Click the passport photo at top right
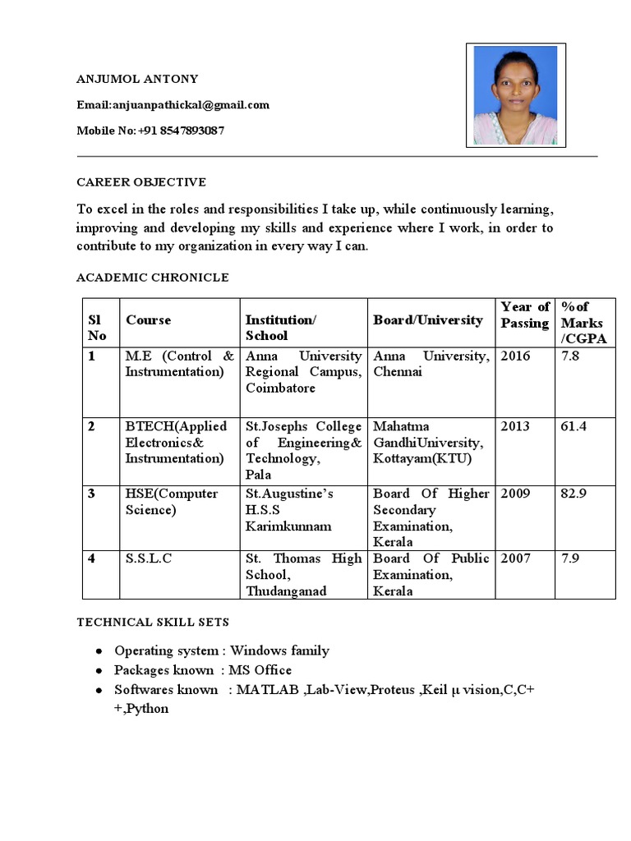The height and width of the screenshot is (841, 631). click(514, 95)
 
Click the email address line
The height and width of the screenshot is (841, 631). click(173, 105)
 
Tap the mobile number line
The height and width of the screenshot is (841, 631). click(150, 131)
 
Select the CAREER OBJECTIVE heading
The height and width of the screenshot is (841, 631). click(141, 182)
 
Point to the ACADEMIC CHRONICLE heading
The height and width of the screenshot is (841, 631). click(153, 278)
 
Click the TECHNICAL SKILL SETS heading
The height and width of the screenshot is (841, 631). click(153, 623)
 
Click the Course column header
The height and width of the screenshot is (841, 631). click(149, 320)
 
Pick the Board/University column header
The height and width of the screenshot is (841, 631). click(428, 320)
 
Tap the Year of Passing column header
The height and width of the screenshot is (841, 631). click(525, 315)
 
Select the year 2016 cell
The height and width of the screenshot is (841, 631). click(516, 356)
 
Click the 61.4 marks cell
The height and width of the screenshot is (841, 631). click(573, 427)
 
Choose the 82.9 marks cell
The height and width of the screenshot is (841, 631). click(573, 494)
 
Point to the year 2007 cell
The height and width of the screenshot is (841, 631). click(516, 558)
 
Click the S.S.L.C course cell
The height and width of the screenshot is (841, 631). click(149, 558)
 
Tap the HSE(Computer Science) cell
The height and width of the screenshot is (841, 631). click(172, 502)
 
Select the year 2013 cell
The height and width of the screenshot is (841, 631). click(516, 427)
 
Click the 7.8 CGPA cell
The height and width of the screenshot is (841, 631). click(570, 356)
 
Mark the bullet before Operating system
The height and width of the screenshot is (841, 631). click(99, 651)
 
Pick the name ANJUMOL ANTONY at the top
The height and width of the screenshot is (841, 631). click(137, 80)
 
